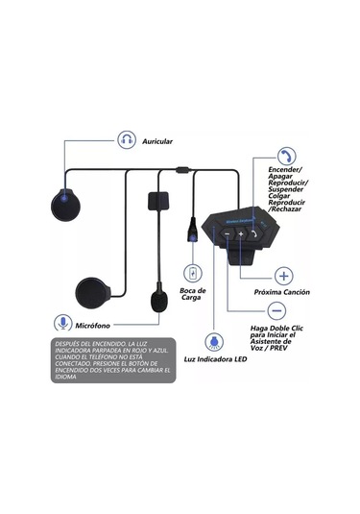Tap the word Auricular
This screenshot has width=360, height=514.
[157, 141]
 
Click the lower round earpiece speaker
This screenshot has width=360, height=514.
[91, 289]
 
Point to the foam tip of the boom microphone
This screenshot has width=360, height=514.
[156, 301]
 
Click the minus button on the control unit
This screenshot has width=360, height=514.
[228, 233]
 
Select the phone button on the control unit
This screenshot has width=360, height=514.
[253, 232]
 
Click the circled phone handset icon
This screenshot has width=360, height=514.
[286, 156]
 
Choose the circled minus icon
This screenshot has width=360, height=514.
[276, 311]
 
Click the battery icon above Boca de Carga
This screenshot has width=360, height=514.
[195, 274]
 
